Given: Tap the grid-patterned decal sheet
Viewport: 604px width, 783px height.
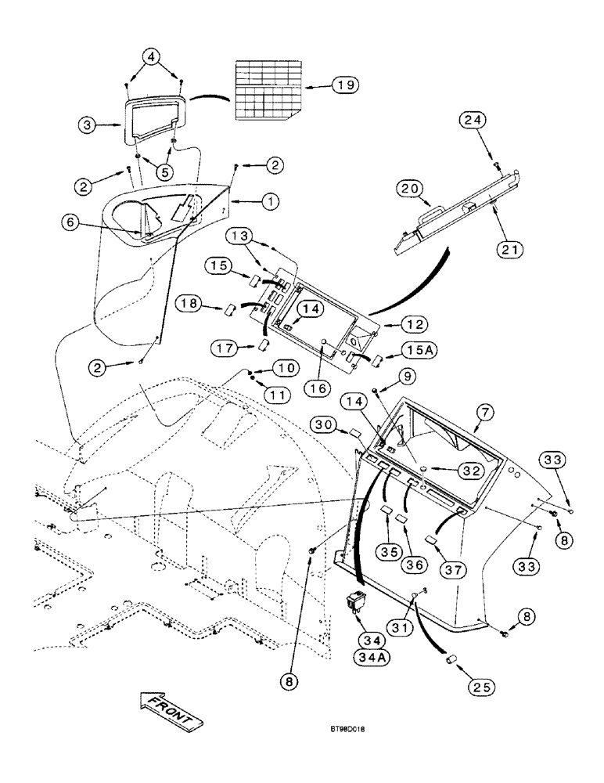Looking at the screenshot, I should [x=268, y=88].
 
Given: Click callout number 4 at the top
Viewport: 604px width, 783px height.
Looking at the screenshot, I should [x=153, y=56].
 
